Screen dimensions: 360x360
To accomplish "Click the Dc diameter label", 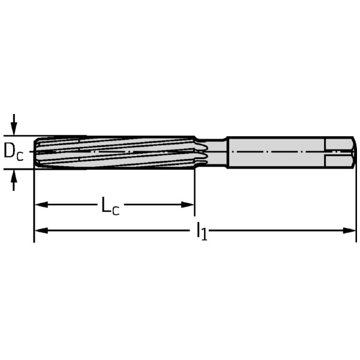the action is (x=14, y=152).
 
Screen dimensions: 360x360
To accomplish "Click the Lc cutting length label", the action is (x=110, y=205).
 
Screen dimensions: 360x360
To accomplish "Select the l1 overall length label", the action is (x=202, y=231).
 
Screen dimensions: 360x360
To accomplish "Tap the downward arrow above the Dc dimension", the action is (x=14, y=124).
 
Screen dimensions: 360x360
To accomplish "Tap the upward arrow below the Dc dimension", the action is (x=14, y=180).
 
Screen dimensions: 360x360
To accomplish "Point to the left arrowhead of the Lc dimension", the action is (x=41, y=205).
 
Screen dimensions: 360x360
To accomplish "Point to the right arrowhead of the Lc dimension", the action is (x=188, y=205).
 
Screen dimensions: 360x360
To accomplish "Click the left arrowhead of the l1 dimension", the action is (x=41, y=230).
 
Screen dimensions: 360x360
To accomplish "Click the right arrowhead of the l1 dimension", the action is (x=349, y=230).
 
